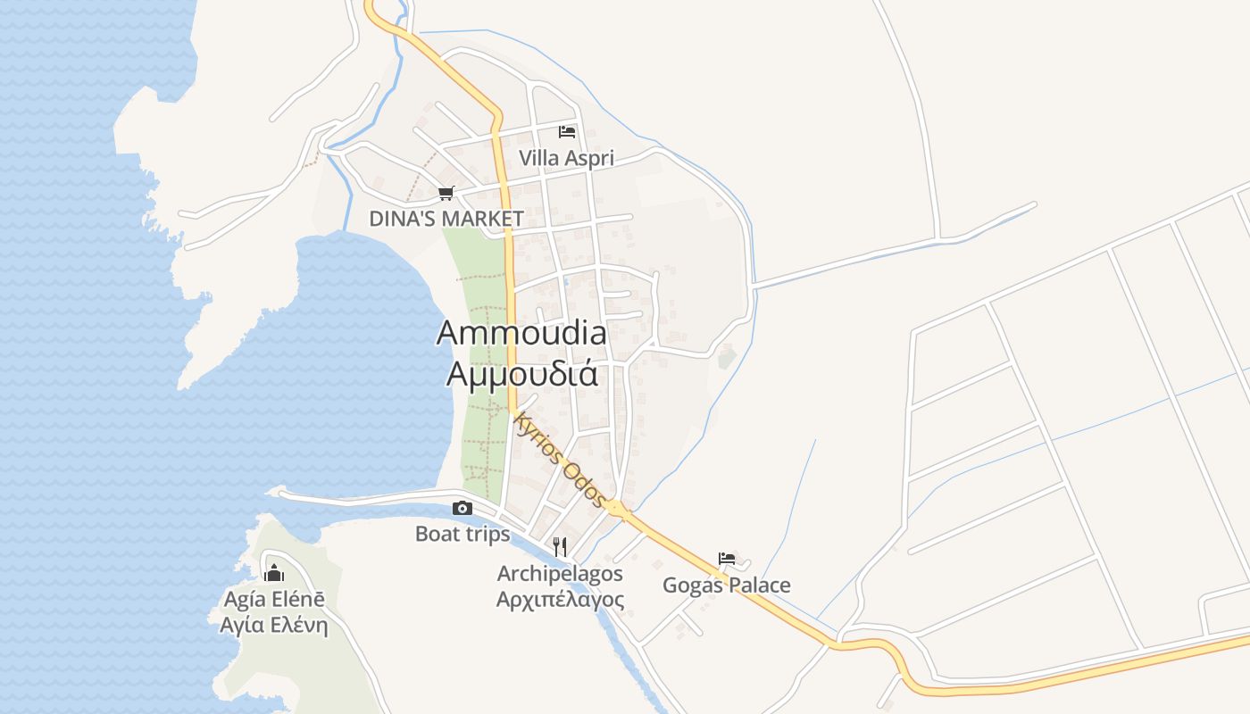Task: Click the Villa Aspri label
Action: tap(566, 159)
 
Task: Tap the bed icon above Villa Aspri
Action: tap(566, 132)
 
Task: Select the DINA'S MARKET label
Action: tap(446, 219)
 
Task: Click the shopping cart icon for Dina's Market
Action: tap(446, 193)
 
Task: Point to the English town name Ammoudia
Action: tap(521, 333)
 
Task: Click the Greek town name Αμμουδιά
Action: tap(521, 373)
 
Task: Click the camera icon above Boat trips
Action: tap(462, 509)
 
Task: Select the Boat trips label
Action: tap(462, 535)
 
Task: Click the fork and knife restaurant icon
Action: tap(560, 546)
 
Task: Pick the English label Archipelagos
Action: tap(560, 573)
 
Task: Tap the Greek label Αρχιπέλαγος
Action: tap(560, 599)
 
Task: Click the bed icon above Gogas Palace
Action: tap(727, 560)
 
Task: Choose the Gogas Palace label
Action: tap(726, 585)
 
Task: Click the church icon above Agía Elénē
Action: tap(274, 572)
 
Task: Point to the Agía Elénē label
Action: tap(274, 599)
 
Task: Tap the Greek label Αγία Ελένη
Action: tap(274, 625)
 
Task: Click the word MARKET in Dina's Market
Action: tap(484, 219)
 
